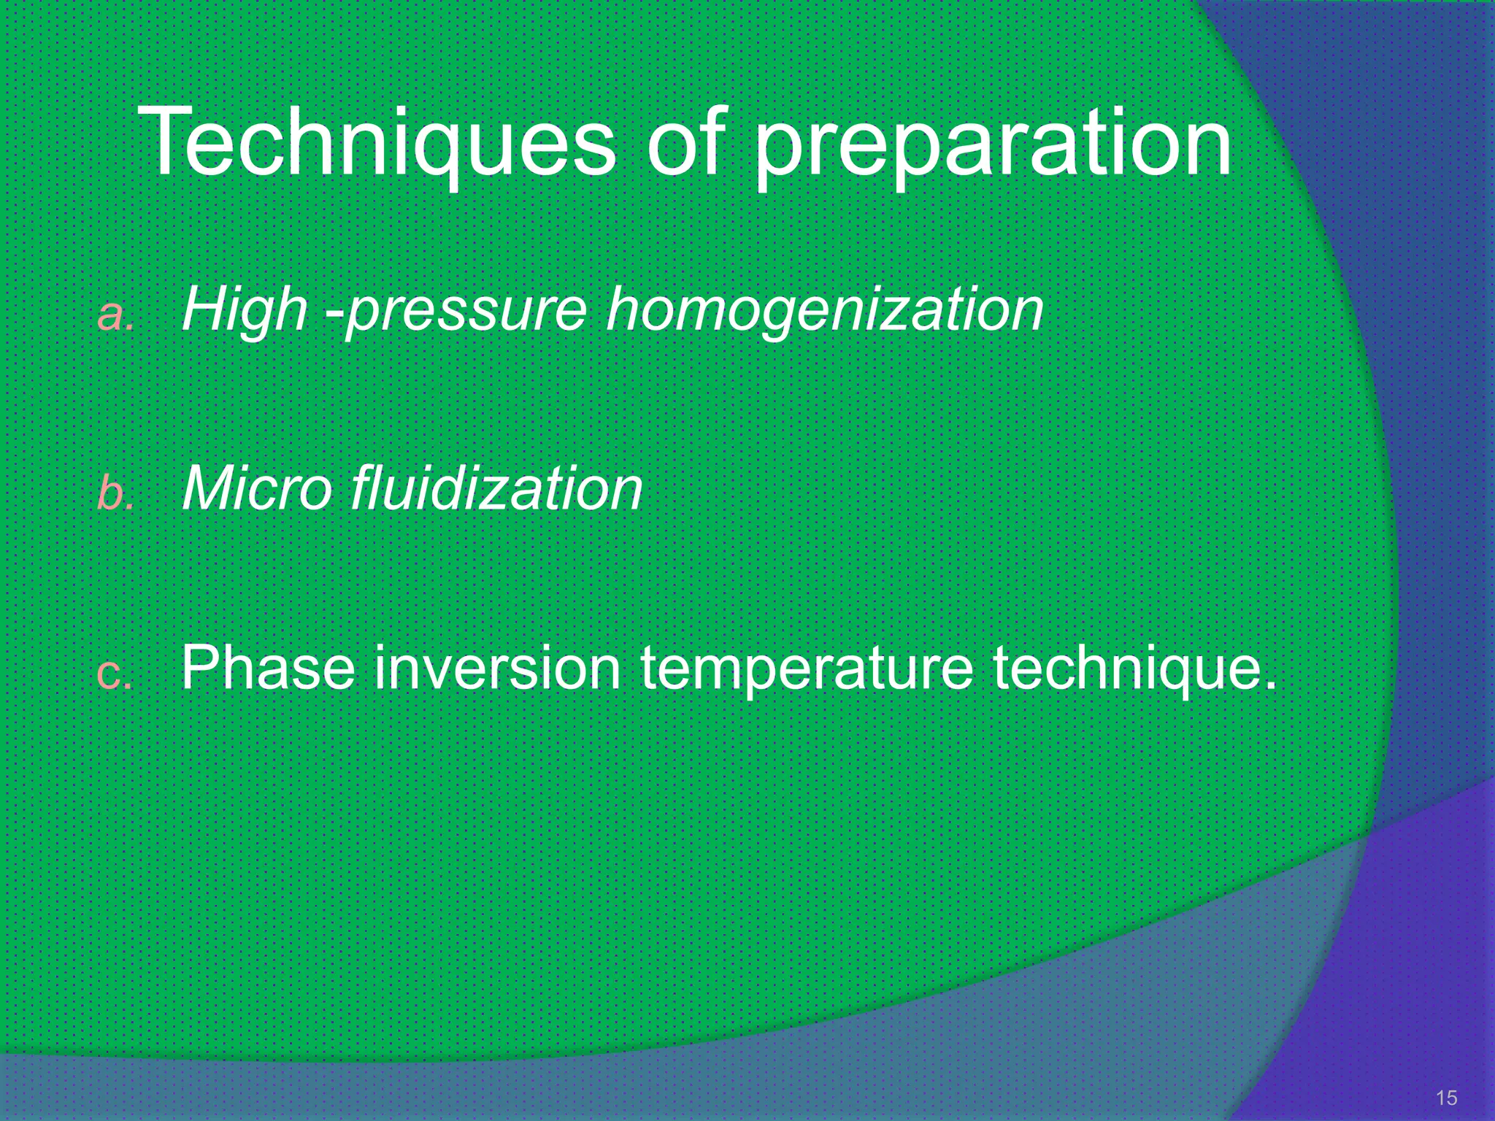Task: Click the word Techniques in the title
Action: (x=376, y=142)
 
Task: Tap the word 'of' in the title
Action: (x=686, y=142)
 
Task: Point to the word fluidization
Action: (x=496, y=488)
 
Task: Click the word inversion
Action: (x=496, y=668)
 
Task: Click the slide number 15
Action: (x=1446, y=1098)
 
